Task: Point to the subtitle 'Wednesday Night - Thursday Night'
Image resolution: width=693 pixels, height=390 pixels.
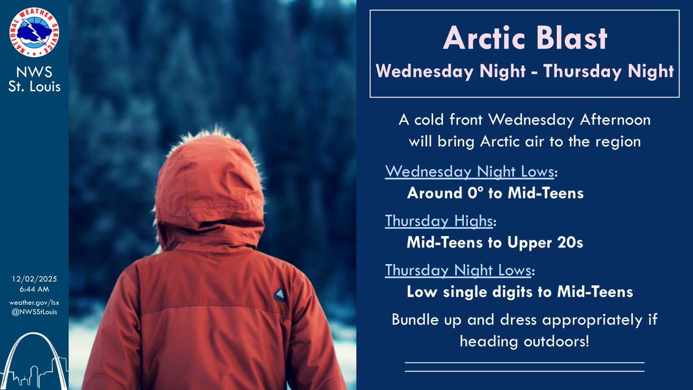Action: click(525, 72)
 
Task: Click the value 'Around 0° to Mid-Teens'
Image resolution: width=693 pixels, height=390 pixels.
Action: click(495, 194)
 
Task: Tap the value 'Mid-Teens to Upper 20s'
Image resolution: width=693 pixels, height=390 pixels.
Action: click(495, 243)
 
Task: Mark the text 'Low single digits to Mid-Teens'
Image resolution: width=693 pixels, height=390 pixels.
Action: click(520, 292)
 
